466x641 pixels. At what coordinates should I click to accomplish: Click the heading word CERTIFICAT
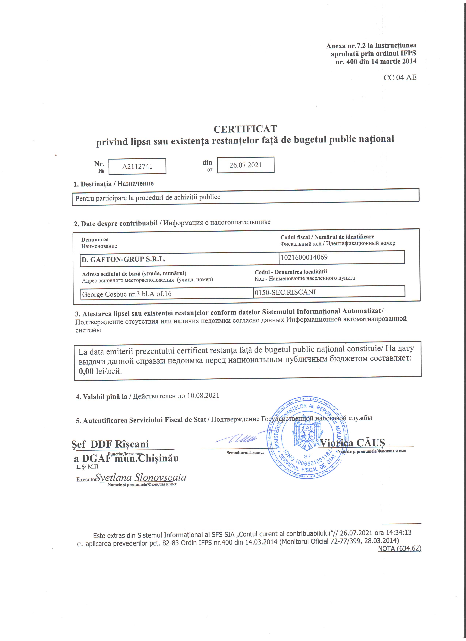tap(245, 129)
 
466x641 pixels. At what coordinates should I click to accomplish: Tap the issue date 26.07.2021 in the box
tap(245, 165)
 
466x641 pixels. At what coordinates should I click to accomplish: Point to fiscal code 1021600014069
tap(304, 257)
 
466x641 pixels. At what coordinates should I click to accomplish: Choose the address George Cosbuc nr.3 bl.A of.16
tap(127, 294)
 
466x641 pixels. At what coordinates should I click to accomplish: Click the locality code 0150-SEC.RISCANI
tap(285, 292)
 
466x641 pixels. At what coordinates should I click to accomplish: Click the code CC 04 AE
tap(400, 77)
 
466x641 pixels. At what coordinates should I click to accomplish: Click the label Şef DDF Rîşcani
tap(110, 444)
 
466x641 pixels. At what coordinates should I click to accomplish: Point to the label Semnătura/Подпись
tap(245, 452)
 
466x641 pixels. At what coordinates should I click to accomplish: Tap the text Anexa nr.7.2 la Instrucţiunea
tap(371, 45)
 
